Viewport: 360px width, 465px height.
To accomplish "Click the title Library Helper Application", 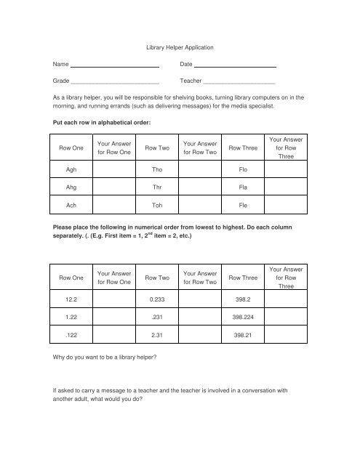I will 179,47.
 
